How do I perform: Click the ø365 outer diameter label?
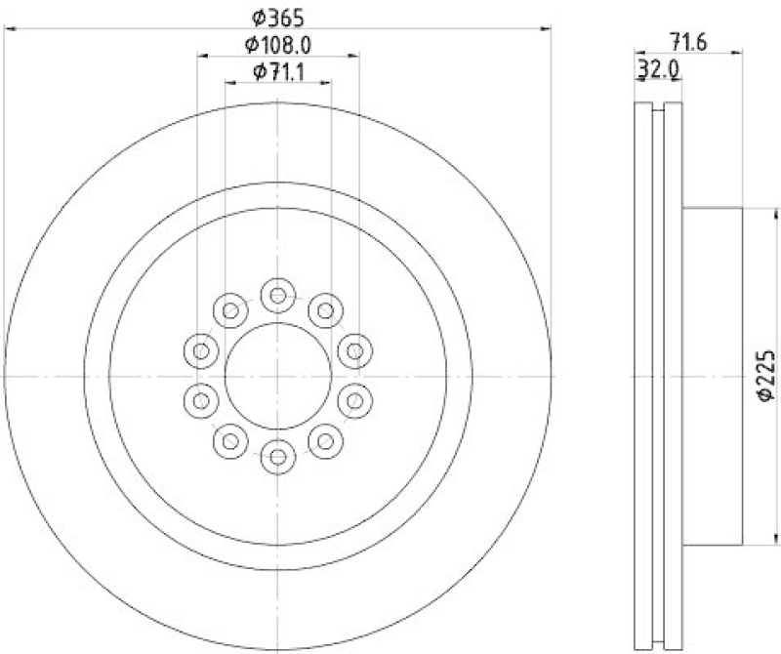tap(277, 16)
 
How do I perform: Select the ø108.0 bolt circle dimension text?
tap(277, 44)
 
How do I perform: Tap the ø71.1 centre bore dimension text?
tap(277, 71)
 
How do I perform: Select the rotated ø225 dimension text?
tap(765, 375)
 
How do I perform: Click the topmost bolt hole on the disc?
tap(278, 294)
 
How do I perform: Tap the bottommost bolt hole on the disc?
tap(278, 455)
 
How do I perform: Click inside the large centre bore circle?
tap(278, 375)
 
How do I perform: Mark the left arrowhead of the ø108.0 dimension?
tap(201, 57)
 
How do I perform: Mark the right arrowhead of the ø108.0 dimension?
tap(355, 57)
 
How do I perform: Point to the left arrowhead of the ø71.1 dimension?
tap(228, 84)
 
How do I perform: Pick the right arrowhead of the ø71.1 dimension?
tap(328, 84)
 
